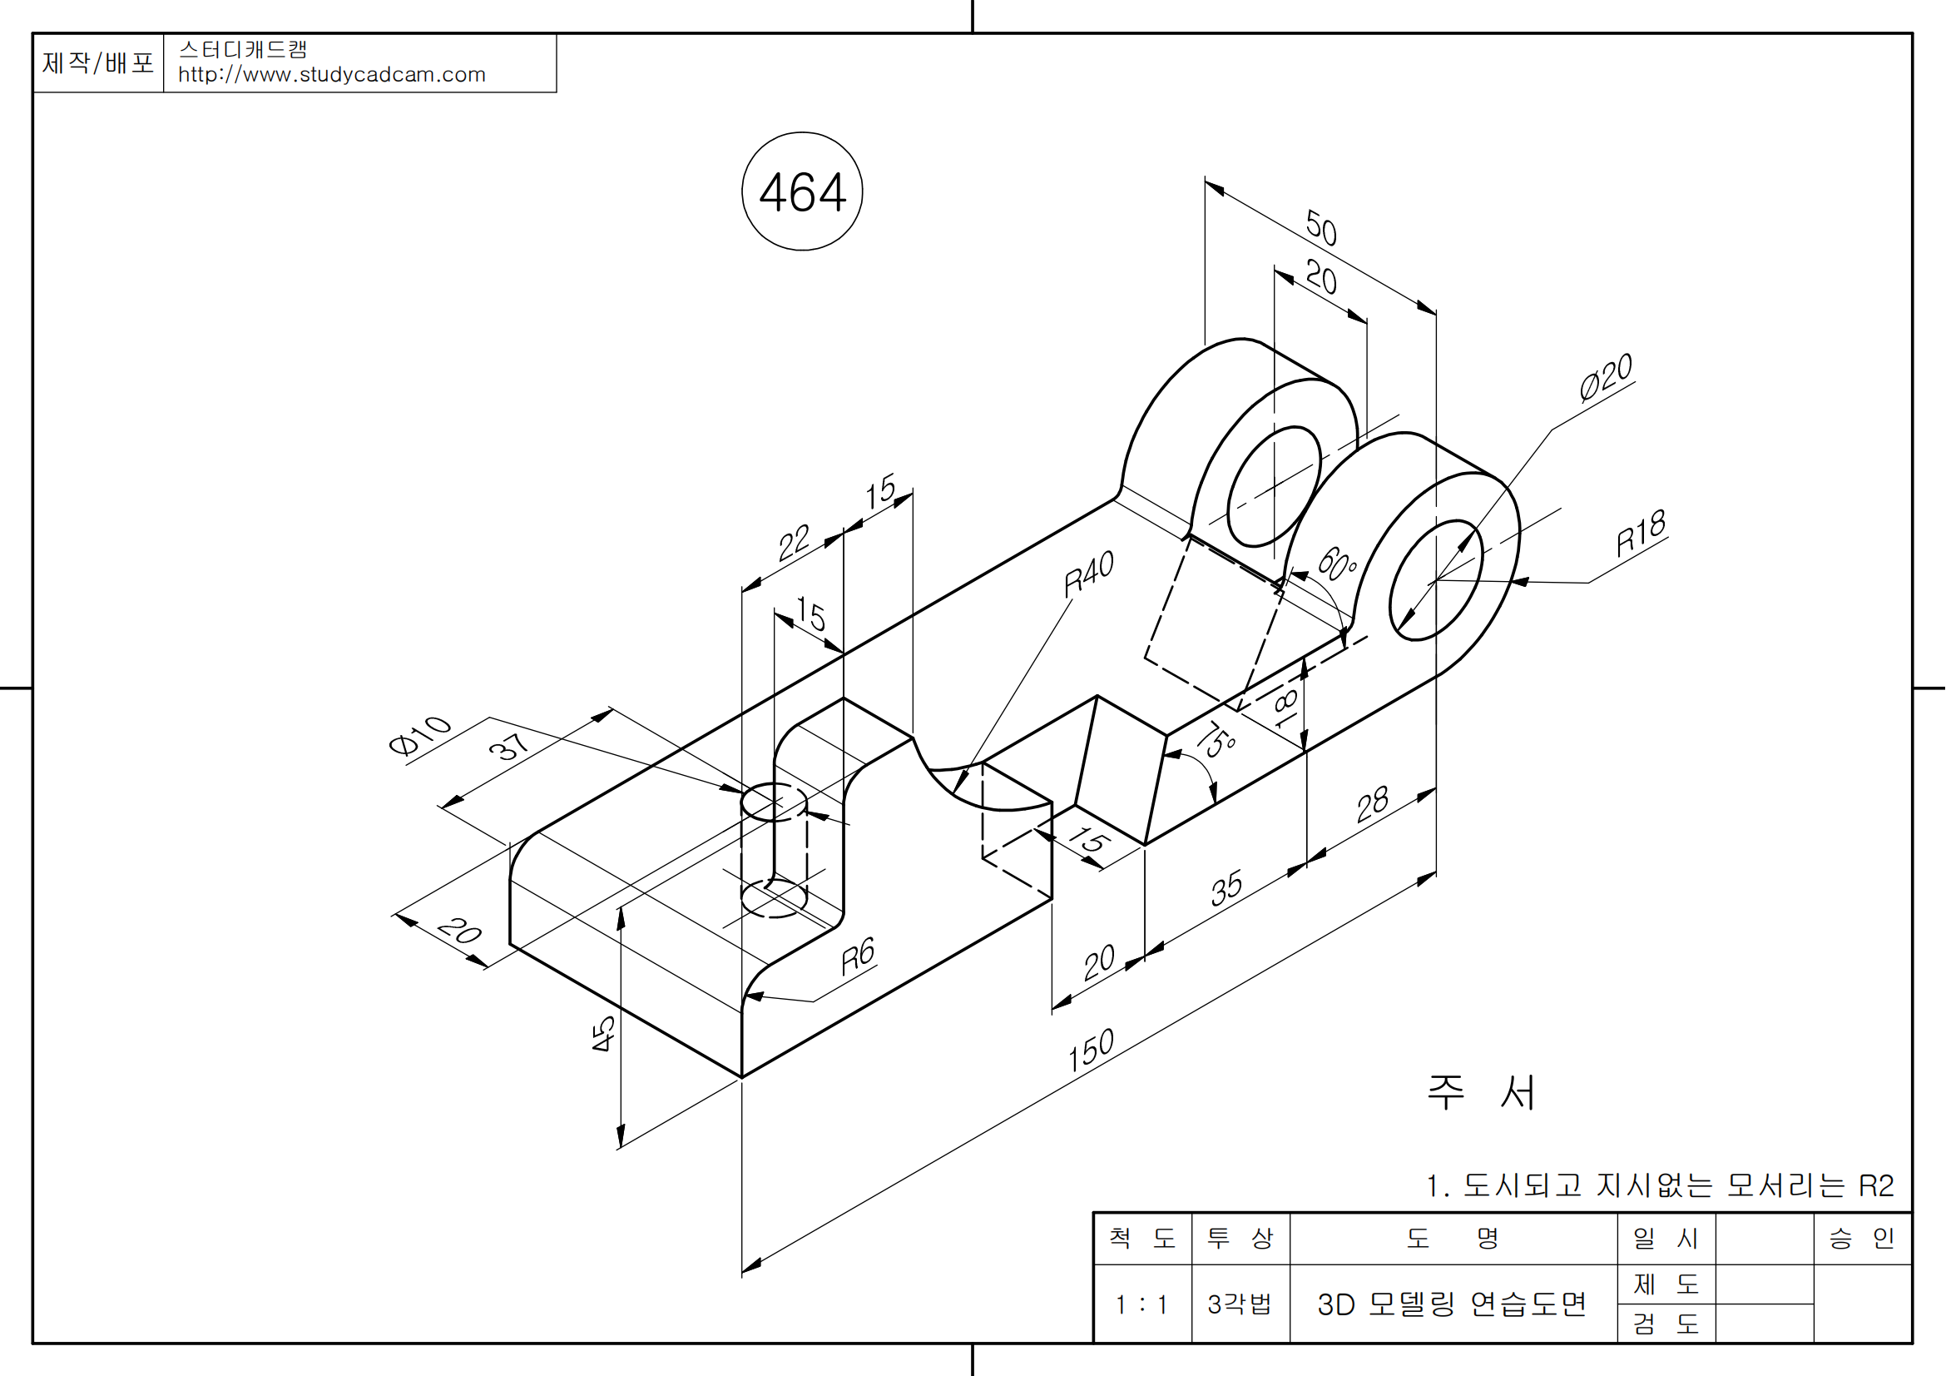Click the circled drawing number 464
pos(802,192)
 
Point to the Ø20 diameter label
pos(1605,376)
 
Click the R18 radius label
pos(1641,534)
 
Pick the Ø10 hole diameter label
pos(419,734)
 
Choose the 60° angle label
pos(1338,564)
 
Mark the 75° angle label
pos(1218,740)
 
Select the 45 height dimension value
pos(602,1034)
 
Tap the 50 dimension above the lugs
pos(1321,227)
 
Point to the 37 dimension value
pos(509,746)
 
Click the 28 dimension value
pos(1372,804)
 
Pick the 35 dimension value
pos(1226,887)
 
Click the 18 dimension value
pos(1285,708)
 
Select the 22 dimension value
pos(795,543)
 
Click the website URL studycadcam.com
pos(331,75)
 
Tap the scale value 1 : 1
pos(1141,1304)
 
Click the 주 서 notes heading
pos(1481,1092)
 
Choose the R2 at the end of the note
pos(1876,1185)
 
